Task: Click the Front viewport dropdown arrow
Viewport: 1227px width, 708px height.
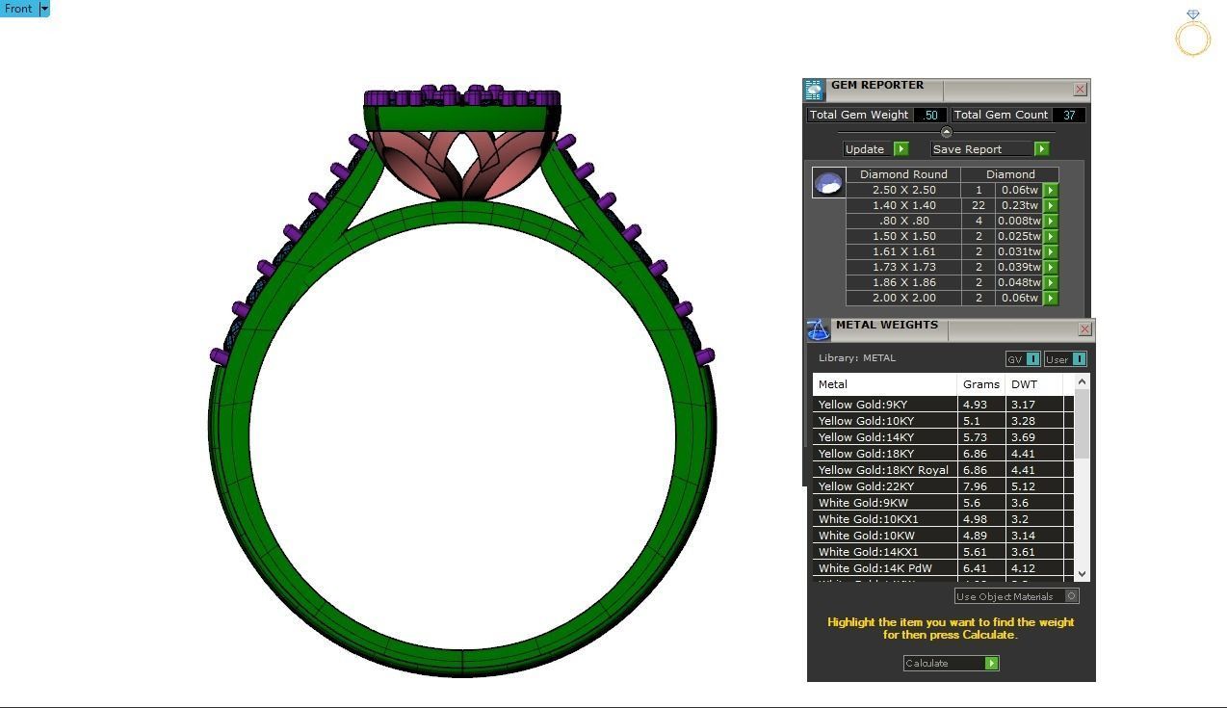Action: pos(43,9)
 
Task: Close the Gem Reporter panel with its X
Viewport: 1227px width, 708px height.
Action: pos(1080,90)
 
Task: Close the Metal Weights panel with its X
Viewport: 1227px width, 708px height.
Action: pos(1084,329)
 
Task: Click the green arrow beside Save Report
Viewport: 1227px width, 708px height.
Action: pos(1041,149)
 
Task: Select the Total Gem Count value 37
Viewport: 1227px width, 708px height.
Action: pos(1069,115)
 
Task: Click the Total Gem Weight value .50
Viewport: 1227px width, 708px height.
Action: pos(929,115)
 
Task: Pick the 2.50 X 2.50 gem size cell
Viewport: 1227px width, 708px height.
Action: pos(903,190)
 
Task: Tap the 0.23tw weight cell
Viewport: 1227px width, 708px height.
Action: pos(1019,205)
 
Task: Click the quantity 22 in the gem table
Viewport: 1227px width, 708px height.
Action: pos(979,205)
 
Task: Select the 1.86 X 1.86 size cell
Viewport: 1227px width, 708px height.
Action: pos(903,282)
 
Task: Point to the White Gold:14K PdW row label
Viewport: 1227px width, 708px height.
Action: pos(875,568)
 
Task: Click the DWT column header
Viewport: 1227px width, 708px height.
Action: pos(1024,384)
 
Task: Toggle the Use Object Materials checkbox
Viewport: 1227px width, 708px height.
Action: pos(1071,596)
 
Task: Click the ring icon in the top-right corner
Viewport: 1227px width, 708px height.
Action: pos(1192,34)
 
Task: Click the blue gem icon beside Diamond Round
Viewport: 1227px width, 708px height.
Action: pos(828,182)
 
